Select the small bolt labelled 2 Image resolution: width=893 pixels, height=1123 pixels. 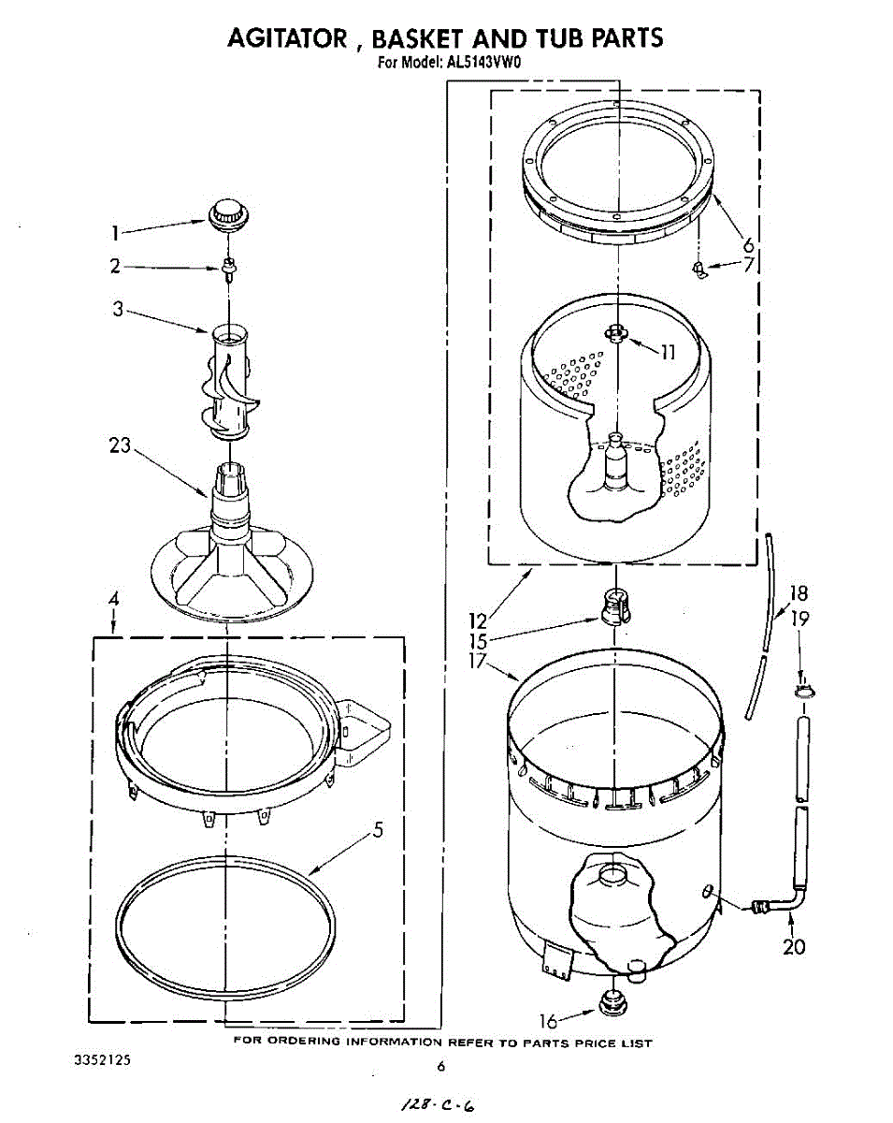point(227,269)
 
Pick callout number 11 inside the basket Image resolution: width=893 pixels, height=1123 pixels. point(667,353)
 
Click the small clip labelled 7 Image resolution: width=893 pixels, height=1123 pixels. point(698,270)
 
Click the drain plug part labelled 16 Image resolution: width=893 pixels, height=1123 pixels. point(612,1004)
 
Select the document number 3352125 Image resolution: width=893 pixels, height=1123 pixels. point(102,1062)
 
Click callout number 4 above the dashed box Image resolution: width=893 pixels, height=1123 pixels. point(112,599)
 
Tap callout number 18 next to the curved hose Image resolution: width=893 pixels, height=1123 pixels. point(798,593)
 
